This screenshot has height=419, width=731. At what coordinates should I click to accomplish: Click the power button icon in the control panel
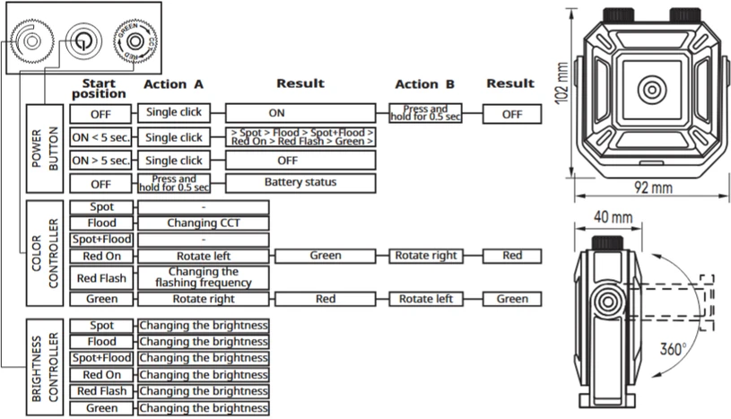click(83, 41)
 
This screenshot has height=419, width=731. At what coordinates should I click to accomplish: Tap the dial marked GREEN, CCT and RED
click(135, 41)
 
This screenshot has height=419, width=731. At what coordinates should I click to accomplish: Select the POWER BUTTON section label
click(45, 148)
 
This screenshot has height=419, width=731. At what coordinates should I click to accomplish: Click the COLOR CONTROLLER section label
click(45, 253)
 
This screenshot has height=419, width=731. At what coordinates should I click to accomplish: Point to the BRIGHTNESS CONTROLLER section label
click(45, 367)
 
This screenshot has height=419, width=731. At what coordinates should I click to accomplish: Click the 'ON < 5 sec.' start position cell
click(100, 137)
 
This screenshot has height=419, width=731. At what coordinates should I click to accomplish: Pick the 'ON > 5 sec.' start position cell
click(100, 161)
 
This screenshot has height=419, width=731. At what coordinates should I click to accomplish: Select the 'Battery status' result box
click(300, 183)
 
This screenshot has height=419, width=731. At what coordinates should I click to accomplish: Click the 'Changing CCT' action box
click(204, 223)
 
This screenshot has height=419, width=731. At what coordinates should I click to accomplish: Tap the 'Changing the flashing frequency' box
click(204, 277)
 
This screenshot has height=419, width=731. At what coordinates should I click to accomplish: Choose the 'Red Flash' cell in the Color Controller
click(101, 278)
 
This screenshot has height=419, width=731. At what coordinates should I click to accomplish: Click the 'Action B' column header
click(425, 84)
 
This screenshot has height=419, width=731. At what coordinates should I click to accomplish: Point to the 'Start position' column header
click(99, 89)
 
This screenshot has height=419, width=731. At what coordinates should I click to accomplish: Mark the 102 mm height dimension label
click(561, 83)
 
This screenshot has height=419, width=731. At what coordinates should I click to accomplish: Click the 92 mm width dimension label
click(653, 188)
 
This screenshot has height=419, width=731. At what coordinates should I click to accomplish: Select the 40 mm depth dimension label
click(613, 217)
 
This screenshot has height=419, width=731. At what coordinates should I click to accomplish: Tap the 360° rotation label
click(674, 348)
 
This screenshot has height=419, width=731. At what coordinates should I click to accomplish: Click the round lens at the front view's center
click(652, 89)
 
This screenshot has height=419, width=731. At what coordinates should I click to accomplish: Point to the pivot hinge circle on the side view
click(608, 301)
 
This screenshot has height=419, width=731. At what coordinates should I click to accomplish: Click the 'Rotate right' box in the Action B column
click(426, 256)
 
